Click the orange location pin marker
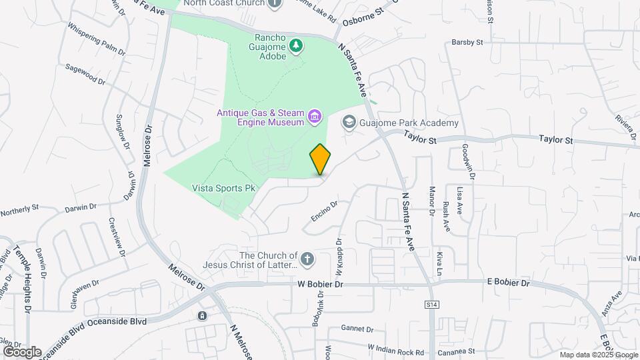pyautogui.click(x=321, y=159)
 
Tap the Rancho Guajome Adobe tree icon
pyautogui.click(x=295, y=45)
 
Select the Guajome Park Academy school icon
pyautogui.click(x=349, y=123)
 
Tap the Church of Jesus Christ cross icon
pyautogui.click(x=307, y=259)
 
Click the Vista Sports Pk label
pyautogui.click(x=224, y=189)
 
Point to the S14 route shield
pyautogui.click(x=431, y=304)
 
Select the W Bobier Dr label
pyautogui.click(x=320, y=284)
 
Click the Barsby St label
pyautogui.click(x=467, y=42)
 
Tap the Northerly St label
pyautogui.click(x=21, y=211)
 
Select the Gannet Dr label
pyautogui.click(x=357, y=328)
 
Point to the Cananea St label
pyautogui.click(x=455, y=351)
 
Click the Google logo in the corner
pyautogui.click(x=22, y=351)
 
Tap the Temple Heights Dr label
pyautogui.click(x=27, y=281)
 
